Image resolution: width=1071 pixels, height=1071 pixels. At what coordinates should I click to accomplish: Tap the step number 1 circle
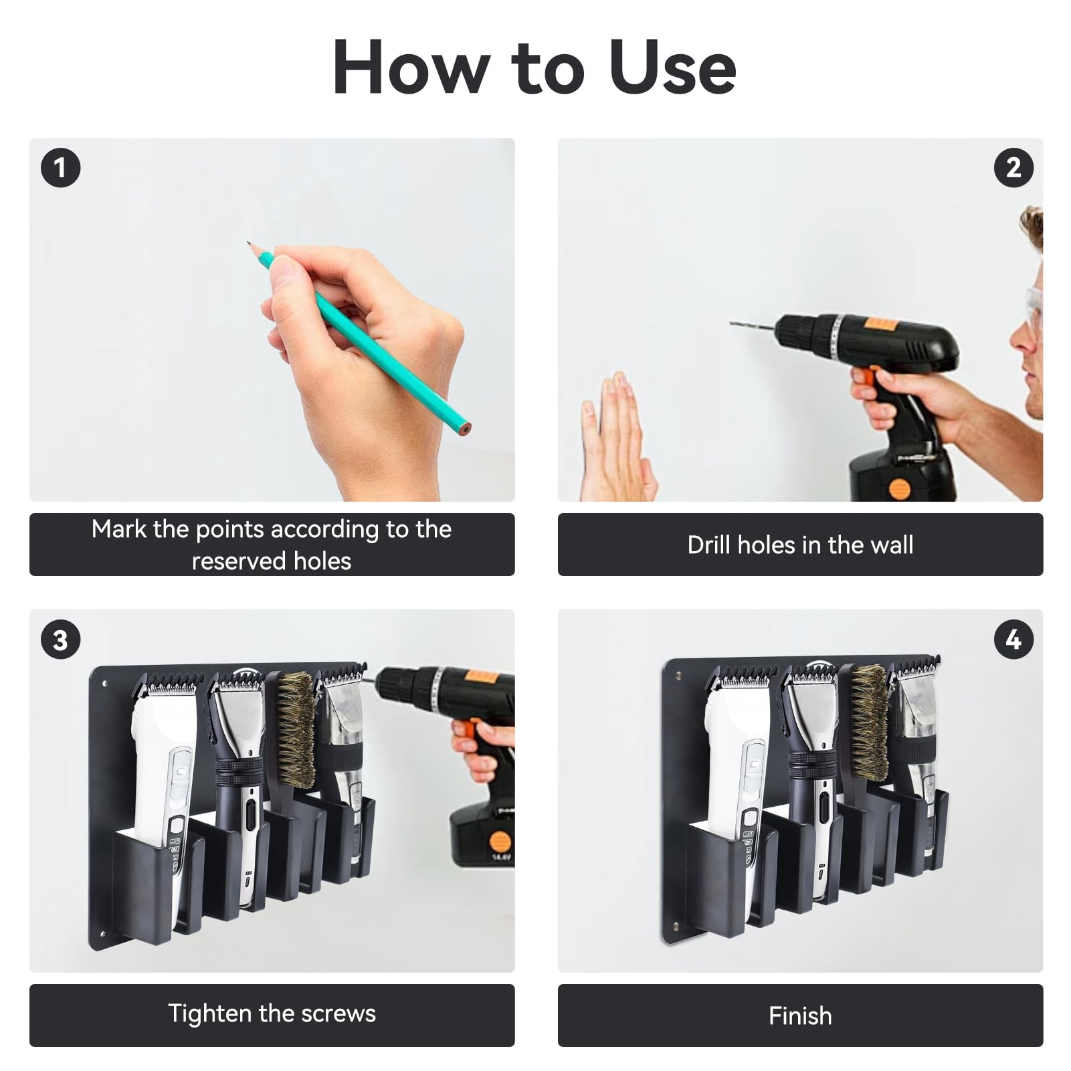(x=60, y=167)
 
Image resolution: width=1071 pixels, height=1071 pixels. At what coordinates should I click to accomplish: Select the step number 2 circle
(x=1013, y=167)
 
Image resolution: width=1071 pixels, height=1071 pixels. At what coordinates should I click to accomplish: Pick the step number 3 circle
(x=60, y=640)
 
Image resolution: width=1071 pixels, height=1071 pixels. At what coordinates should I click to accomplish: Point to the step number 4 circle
(x=1013, y=640)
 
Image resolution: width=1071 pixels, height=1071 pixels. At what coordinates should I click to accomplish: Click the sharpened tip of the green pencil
(x=248, y=244)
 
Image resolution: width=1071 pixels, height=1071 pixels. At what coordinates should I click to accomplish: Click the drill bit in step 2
(x=752, y=326)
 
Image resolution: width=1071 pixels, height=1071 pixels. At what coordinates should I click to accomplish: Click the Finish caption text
(x=800, y=1016)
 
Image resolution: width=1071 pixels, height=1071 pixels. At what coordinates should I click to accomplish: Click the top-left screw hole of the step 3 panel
(x=104, y=684)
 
